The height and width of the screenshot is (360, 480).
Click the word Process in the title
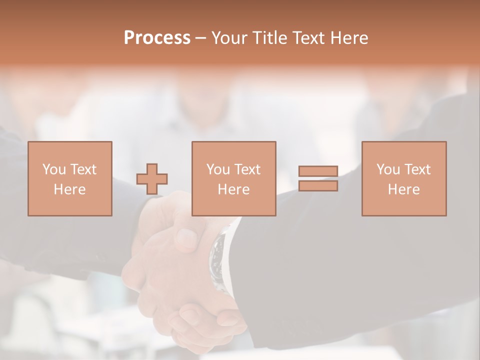[157, 38]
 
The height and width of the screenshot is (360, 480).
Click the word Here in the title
[350, 38]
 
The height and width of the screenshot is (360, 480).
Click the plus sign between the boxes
[152, 178]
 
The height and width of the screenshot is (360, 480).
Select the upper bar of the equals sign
[318, 171]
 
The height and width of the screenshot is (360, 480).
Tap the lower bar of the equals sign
[318, 186]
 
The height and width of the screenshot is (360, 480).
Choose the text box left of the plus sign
[70, 178]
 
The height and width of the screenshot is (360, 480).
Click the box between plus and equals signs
[233, 178]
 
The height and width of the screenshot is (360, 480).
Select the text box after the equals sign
[404, 178]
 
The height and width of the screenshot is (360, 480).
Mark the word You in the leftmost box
[54, 169]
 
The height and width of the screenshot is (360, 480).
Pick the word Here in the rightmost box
[404, 189]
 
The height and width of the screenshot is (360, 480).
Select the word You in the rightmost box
[388, 169]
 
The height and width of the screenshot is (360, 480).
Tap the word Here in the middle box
[233, 189]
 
